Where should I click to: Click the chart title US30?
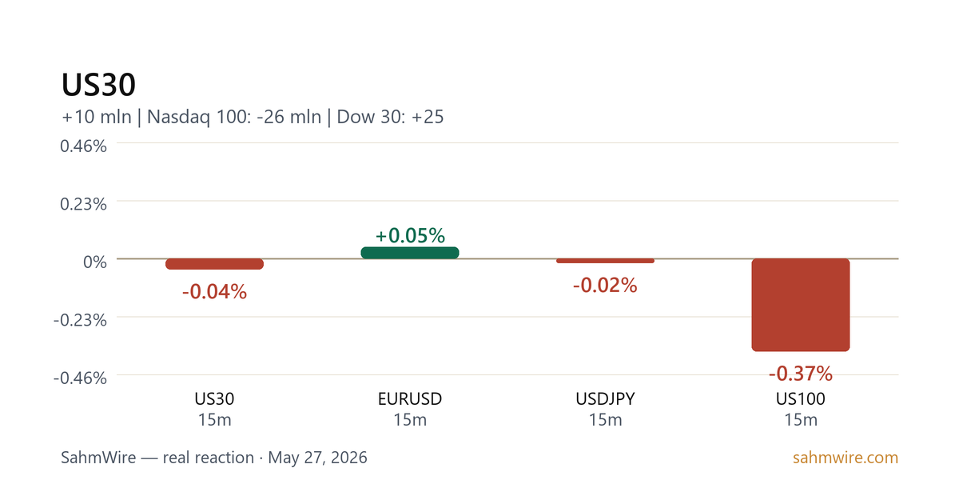pyautogui.click(x=98, y=85)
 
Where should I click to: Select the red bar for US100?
pyautogui.click(x=801, y=305)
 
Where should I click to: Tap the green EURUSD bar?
pyautogui.click(x=410, y=253)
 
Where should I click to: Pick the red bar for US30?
pyautogui.click(x=214, y=264)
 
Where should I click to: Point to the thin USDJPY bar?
pyautogui.click(x=606, y=261)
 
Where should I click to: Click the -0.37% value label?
pyautogui.click(x=801, y=374)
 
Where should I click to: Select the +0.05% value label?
pyautogui.click(x=410, y=235)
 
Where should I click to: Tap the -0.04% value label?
pyautogui.click(x=214, y=291)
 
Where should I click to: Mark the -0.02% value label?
pyautogui.click(x=606, y=285)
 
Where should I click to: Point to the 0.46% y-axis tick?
pyautogui.click(x=83, y=146)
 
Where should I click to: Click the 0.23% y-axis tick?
pyautogui.click(x=83, y=204)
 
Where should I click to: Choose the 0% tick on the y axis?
pyautogui.click(x=95, y=262)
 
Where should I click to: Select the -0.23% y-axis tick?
pyautogui.click(x=80, y=320)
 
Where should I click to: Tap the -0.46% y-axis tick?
pyautogui.click(x=80, y=378)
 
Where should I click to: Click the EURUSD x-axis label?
pyautogui.click(x=410, y=399)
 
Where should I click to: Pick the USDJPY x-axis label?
pyautogui.click(x=606, y=399)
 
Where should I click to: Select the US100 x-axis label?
pyautogui.click(x=801, y=399)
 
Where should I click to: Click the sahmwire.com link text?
pyautogui.click(x=846, y=458)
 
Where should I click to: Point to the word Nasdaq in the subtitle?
pyautogui.click(x=178, y=117)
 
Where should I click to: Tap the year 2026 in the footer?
pyautogui.click(x=349, y=458)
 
